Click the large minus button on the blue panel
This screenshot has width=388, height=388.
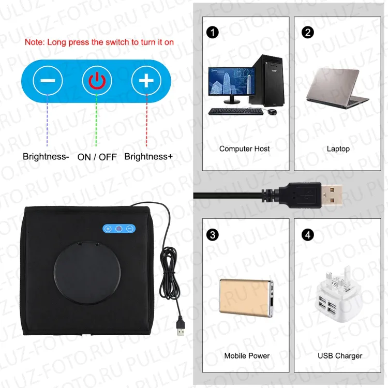(48, 81)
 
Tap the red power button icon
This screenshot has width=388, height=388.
(97, 81)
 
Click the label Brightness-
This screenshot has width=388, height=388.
(46, 156)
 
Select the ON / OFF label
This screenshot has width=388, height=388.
(97, 156)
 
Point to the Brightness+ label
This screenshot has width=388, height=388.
(148, 156)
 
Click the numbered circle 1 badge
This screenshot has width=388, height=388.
(212, 32)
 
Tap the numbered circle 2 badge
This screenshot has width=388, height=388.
(308, 32)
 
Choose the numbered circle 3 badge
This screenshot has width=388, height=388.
(212, 235)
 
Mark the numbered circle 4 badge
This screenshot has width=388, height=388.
(308, 235)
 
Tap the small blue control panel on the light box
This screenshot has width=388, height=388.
(119, 229)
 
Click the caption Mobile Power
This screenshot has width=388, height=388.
(247, 356)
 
